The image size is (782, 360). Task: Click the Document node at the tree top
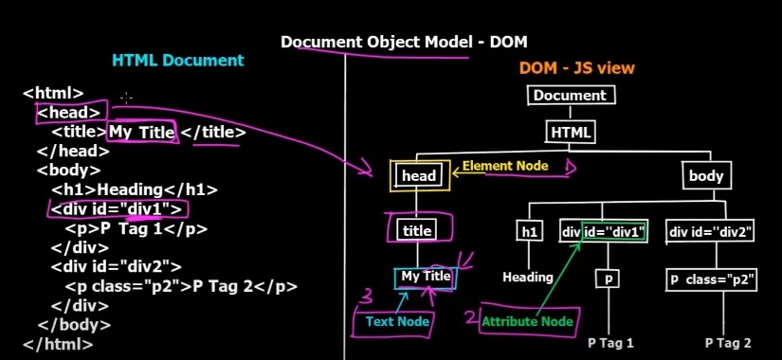coord(571,95)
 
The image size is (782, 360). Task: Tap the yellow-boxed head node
coord(419,175)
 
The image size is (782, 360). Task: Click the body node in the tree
coord(706,175)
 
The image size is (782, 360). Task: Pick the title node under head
coord(417,230)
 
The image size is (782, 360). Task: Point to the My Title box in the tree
coord(426,277)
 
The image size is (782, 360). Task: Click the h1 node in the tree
coord(528,230)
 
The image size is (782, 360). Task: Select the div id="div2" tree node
coord(711,231)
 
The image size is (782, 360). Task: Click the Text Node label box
coord(399,322)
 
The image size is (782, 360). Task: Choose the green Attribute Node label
coord(527,322)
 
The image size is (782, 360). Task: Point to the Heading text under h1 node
coord(528,277)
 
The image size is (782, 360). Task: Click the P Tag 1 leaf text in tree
coord(610,342)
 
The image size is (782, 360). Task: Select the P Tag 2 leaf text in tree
coord(728,342)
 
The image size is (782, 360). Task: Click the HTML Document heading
coord(178,60)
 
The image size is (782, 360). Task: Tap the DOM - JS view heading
coord(576,68)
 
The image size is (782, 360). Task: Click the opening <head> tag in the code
coord(68,113)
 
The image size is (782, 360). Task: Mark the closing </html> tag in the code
coord(58,344)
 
